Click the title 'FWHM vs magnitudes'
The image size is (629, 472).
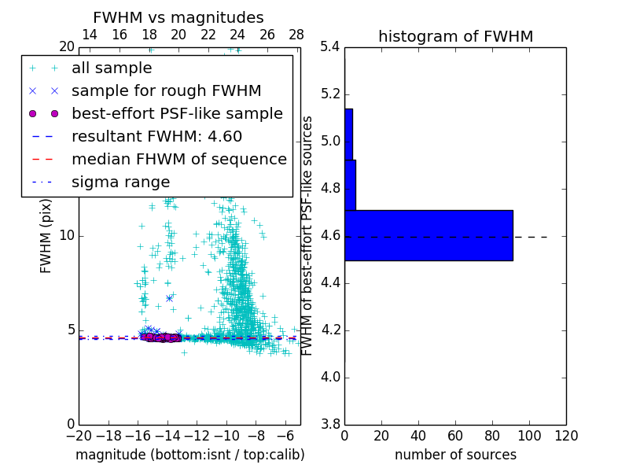click(178, 18)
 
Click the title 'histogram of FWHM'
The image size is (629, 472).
click(455, 36)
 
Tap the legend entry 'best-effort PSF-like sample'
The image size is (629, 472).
click(177, 114)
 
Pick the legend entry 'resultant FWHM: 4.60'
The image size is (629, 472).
click(156, 137)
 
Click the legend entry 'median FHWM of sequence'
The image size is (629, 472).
click(178, 160)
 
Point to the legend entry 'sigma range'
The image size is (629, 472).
click(120, 183)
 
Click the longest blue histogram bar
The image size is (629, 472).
click(429, 235)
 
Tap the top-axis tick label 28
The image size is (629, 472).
click(296, 35)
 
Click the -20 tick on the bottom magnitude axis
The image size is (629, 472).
click(79, 435)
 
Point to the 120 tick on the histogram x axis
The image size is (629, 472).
click(566, 435)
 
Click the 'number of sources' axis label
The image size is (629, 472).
click(455, 455)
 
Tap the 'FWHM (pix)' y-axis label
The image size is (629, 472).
click(46, 236)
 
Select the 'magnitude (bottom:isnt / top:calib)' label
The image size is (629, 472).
click(189, 455)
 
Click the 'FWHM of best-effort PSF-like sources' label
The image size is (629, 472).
click(307, 236)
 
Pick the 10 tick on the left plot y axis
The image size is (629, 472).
click(67, 236)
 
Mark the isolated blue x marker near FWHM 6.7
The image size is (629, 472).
click(169, 298)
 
